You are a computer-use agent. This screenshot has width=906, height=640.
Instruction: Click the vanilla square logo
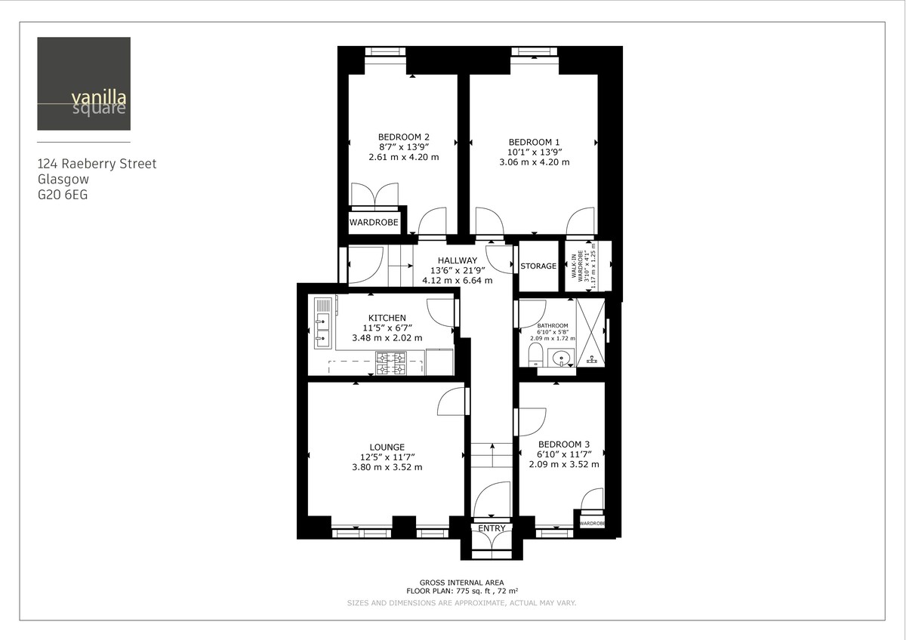(x=84, y=84)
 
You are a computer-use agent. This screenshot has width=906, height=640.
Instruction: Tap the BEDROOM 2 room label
(x=404, y=136)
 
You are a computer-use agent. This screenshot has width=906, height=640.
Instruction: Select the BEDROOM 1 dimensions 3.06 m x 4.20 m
(x=534, y=162)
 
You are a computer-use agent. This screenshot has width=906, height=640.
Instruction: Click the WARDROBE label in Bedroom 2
(x=374, y=223)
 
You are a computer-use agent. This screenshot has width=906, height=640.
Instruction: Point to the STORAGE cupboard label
(x=538, y=266)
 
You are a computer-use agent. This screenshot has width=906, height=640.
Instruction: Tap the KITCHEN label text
(x=387, y=318)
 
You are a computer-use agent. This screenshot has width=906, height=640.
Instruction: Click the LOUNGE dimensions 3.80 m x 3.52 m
(x=387, y=467)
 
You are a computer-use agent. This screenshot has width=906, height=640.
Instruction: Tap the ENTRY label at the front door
(x=492, y=528)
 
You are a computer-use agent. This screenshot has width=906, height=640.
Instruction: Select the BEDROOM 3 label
(x=564, y=445)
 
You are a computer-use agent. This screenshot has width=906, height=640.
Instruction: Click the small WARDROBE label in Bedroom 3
(x=593, y=523)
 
